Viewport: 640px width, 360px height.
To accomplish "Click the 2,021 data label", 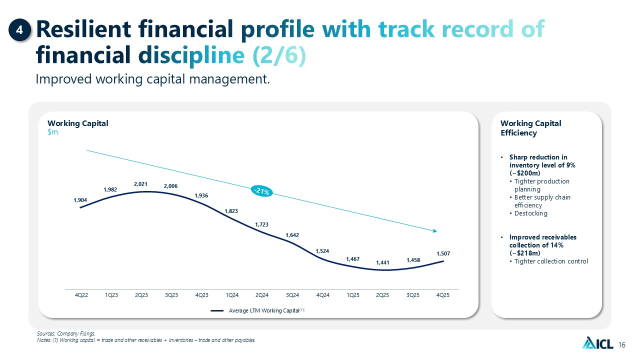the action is pyautogui.click(x=140, y=184).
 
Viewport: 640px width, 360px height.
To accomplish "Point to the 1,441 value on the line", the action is pyautogui.click(x=382, y=262).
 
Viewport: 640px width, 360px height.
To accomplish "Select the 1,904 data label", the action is pyautogui.click(x=80, y=200).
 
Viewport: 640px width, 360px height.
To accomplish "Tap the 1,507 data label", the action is pyautogui.click(x=443, y=253).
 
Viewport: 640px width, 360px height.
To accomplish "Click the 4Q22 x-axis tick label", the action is pyautogui.click(x=81, y=295).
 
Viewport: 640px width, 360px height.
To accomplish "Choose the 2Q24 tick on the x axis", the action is pyautogui.click(x=262, y=295).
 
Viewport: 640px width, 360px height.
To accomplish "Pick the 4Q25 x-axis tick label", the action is pyautogui.click(x=443, y=295).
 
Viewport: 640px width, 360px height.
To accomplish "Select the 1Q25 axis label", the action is pyautogui.click(x=353, y=295).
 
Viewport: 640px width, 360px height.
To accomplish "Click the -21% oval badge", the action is pyautogui.click(x=261, y=191).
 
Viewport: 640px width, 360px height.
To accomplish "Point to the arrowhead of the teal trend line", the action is pyautogui.click(x=435, y=231).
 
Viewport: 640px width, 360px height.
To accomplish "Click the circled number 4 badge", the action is pyautogui.click(x=19, y=30).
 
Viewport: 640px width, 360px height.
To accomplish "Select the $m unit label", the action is pyautogui.click(x=52, y=132).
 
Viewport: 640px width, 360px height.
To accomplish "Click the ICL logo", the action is pyautogui.click(x=597, y=343).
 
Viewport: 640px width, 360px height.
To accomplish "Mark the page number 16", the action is pyautogui.click(x=622, y=345).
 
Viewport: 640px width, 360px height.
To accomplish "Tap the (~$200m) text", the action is pyautogui.click(x=525, y=173).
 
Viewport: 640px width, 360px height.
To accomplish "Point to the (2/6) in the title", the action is pyautogui.click(x=279, y=54).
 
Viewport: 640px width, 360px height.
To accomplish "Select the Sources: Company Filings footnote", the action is pyautogui.click(x=66, y=333).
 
